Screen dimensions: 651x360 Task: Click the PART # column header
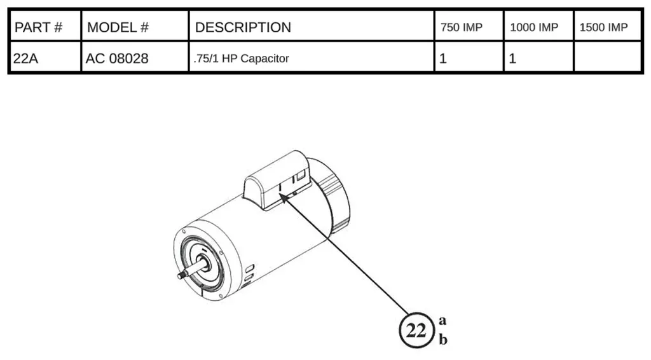[x=38, y=27]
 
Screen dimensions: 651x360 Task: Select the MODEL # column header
[x=118, y=27]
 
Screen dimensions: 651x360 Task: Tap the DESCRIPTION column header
[x=243, y=27]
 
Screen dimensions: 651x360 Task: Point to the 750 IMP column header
[x=462, y=27]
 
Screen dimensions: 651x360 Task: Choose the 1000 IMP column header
[x=534, y=27]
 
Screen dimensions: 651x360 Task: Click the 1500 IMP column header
[x=603, y=27]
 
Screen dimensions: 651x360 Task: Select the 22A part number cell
[x=25, y=59]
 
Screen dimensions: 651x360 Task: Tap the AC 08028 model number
[x=117, y=59]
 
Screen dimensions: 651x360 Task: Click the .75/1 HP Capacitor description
[x=241, y=59]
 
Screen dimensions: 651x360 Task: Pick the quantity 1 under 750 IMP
[x=443, y=59]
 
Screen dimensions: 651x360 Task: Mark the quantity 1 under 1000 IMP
[x=512, y=59]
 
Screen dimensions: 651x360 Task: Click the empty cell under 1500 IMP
[x=607, y=57]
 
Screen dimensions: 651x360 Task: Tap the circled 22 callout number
[x=416, y=331]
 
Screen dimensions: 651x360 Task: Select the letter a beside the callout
[x=442, y=321]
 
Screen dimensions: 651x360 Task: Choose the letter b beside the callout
[x=443, y=339]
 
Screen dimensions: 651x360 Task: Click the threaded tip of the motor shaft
[x=181, y=275]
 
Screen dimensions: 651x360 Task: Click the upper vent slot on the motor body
[x=250, y=268]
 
